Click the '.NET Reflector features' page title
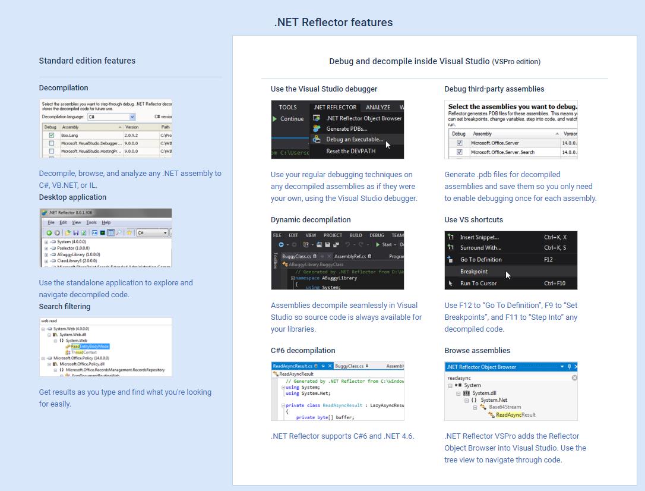coord(333,23)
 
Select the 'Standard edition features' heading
coord(87,61)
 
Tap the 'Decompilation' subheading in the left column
coord(64,87)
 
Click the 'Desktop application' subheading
coord(72,197)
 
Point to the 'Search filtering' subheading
coord(65,306)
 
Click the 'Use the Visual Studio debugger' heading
coord(324,89)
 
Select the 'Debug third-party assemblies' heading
coord(494,89)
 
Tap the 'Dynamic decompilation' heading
coord(311,219)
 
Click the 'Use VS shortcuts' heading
coord(473,219)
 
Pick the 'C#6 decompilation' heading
coord(303,350)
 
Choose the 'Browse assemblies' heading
coord(477,350)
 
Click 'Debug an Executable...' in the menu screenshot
coord(354,140)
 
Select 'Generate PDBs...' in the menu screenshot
coord(346,128)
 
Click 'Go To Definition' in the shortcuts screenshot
coord(480,259)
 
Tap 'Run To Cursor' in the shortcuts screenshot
coord(478,283)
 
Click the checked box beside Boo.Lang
coord(52,136)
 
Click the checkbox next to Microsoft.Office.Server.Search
coord(459,152)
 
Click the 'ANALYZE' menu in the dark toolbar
coord(378,107)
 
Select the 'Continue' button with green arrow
coord(288,119)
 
